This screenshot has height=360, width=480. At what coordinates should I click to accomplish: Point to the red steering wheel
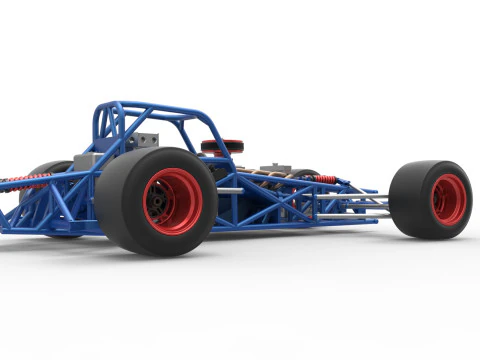point(222,146)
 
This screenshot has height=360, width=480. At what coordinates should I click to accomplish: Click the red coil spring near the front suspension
point(326,179)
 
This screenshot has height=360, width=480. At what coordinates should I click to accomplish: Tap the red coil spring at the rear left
point(24,181)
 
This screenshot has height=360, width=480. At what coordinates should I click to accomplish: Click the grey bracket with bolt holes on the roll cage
point(143,140)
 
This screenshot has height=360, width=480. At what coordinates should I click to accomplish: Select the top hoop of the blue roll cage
point(140,105)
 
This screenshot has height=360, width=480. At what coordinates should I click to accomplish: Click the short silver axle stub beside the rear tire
point(229,190)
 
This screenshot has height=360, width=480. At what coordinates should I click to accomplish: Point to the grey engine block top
point(276,168)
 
